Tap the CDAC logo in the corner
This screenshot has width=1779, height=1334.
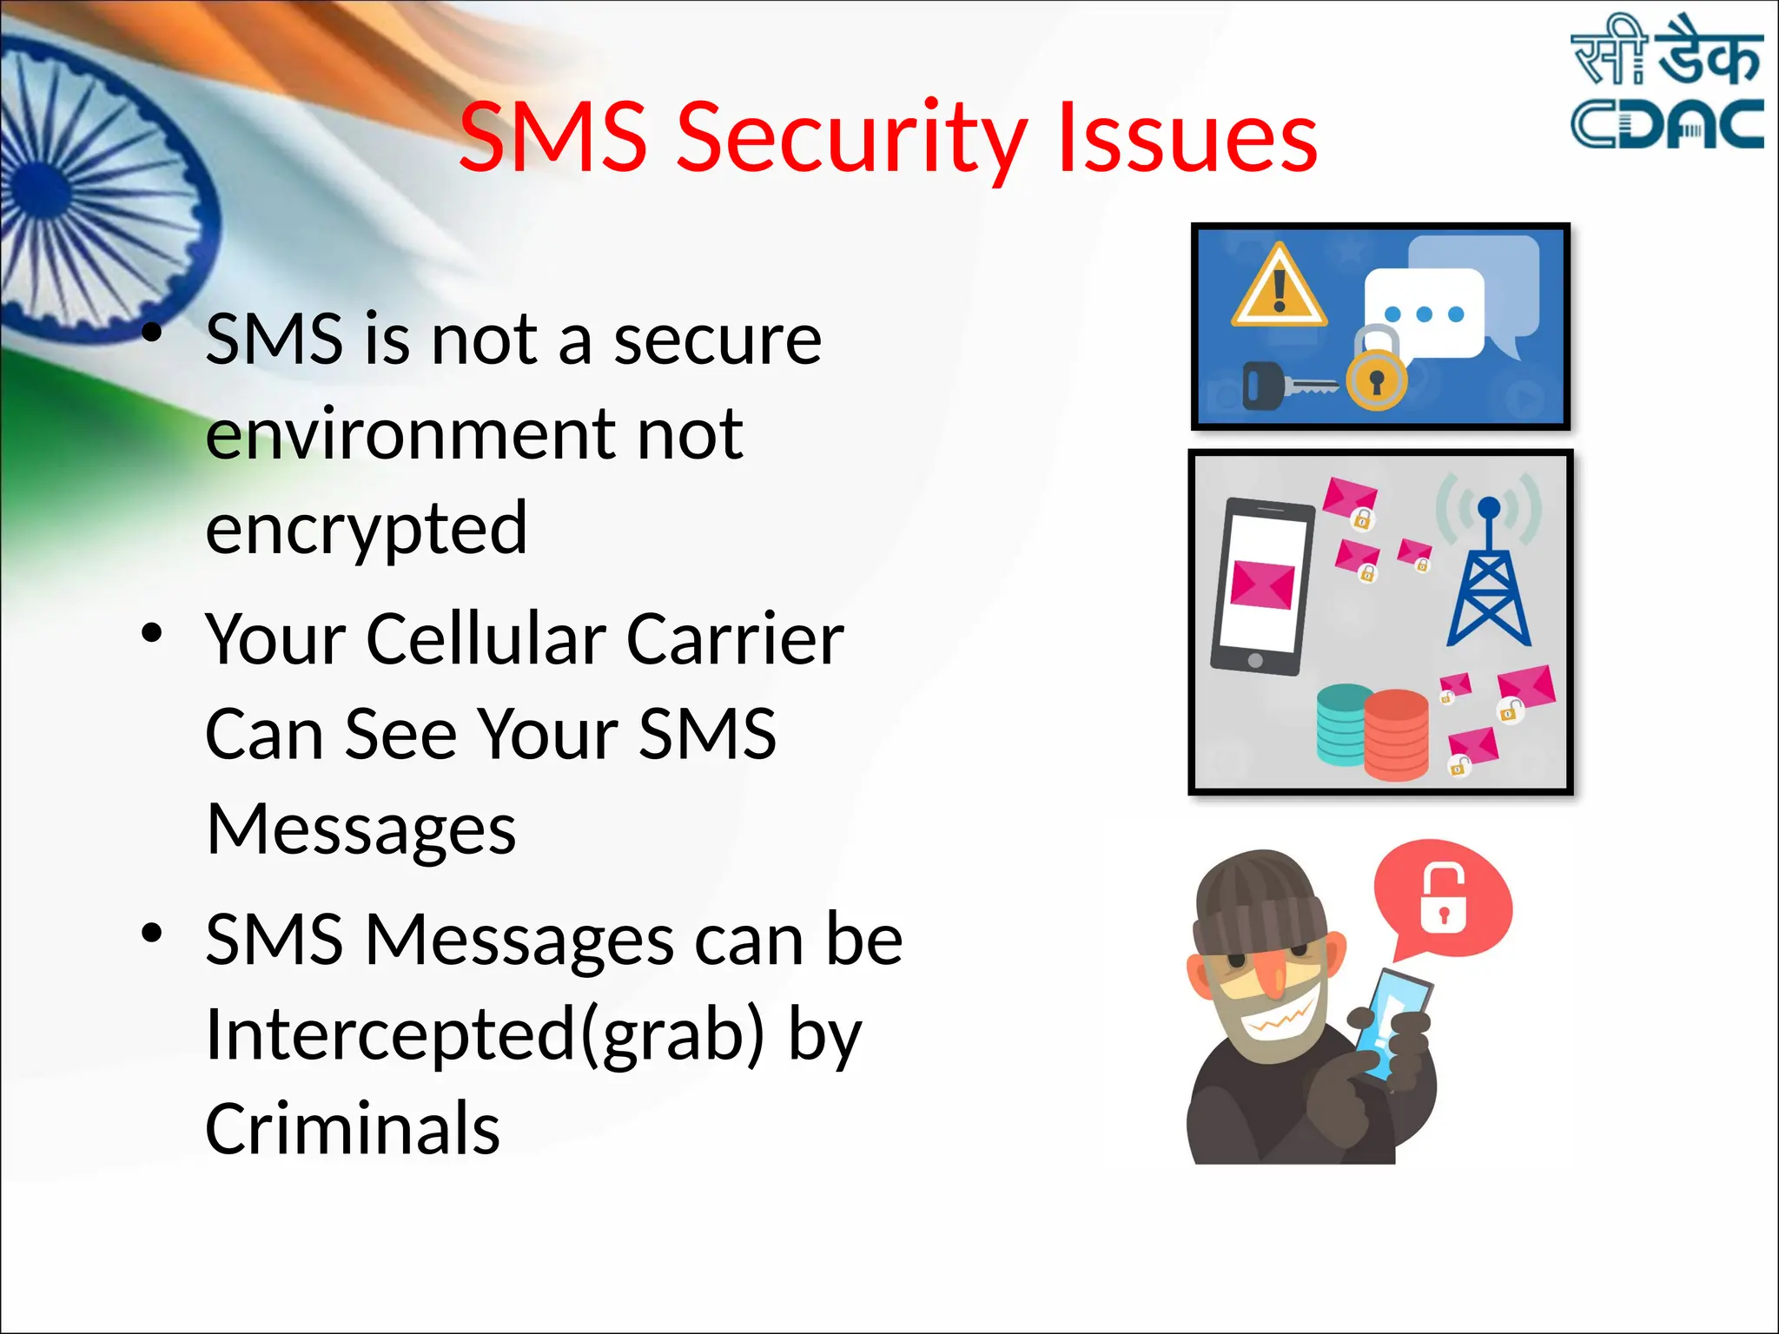[1666, 83]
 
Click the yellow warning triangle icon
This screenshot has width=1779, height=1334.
[1279, 287]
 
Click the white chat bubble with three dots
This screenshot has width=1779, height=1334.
[1424, 313]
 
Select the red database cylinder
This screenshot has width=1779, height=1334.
[1396, 734]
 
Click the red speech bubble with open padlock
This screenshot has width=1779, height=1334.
[1443, 899]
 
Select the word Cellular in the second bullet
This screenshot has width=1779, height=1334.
[486, 639]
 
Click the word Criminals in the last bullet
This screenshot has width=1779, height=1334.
[353, 1129]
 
